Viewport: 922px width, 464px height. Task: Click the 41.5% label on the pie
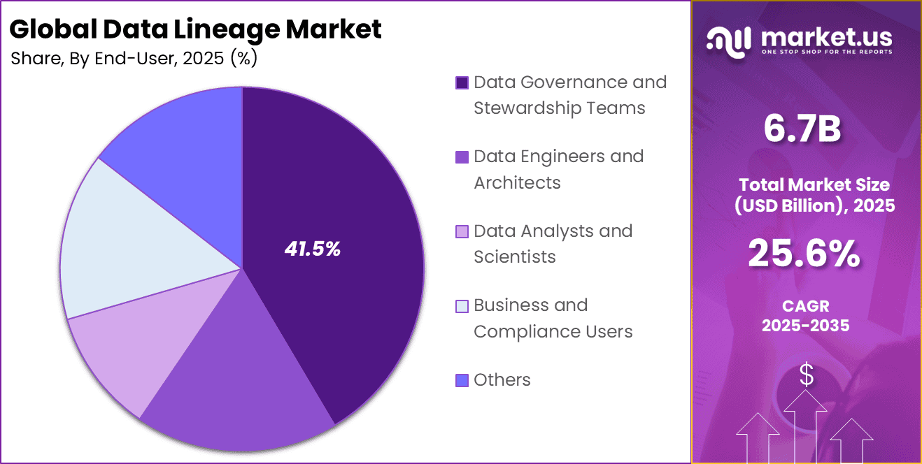coord(312,249)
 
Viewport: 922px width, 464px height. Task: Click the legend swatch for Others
coord(462,380)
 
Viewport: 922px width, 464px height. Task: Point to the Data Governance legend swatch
coord(462,83)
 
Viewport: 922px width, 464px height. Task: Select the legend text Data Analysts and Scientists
coord(553,244)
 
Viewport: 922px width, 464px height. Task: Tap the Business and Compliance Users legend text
coord(553,318)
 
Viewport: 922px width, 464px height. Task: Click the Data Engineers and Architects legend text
coord(558,169)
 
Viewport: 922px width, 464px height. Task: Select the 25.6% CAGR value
coord(804,254)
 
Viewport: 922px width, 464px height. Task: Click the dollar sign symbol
coord(807,376)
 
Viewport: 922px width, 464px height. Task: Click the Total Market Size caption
coord(806,195)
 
